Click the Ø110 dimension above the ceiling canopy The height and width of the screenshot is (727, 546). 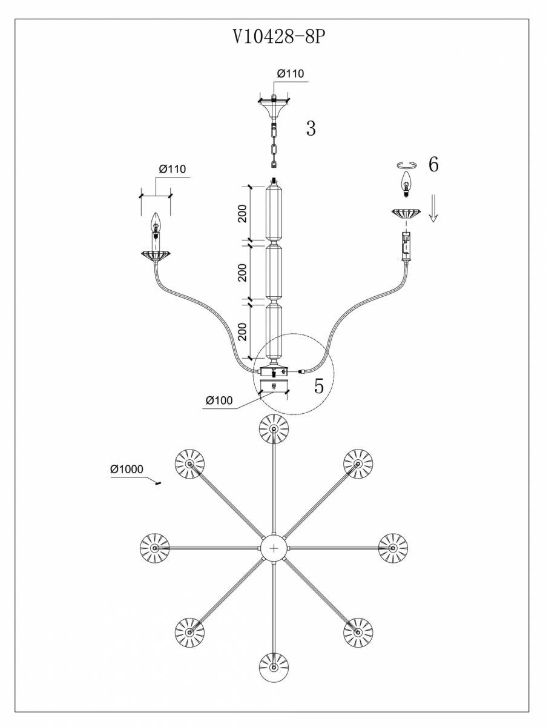[291, 74]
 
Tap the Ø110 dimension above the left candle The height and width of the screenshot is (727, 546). [173, 169]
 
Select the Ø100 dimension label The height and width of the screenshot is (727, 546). [219, 400]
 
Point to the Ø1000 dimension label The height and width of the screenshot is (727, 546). [126, 470]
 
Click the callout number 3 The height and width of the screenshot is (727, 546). [311, 128]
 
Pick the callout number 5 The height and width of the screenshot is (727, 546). [319, 386]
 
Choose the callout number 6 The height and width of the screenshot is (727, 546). [433, 165]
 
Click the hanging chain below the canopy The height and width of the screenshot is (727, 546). [274, 145]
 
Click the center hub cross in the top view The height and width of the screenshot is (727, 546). [274, 548]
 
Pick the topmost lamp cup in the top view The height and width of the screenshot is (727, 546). [274, 429]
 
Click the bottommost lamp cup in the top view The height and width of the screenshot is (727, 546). [274, 668]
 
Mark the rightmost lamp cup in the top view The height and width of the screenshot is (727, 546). [393, 548]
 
